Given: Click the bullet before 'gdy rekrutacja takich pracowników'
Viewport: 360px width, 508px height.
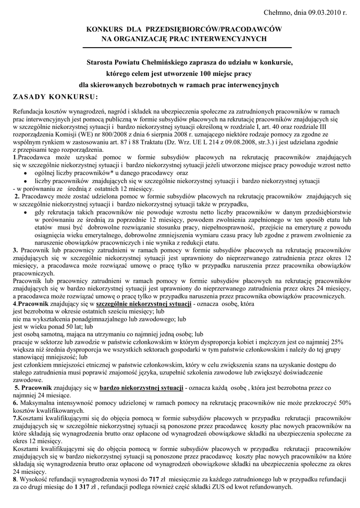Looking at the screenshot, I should [x=25, y=212].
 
